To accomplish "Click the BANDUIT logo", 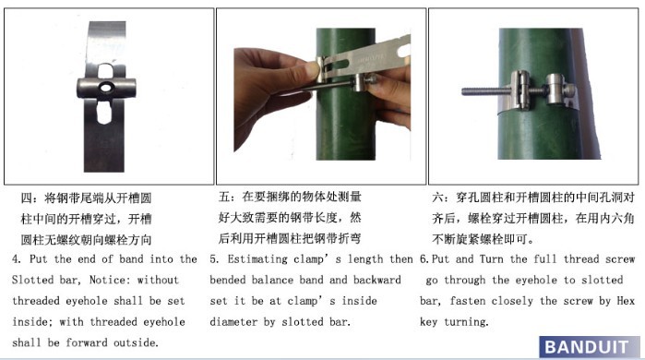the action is point(589,347).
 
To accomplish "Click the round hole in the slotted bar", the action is point(107,87).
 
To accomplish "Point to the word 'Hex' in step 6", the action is point(626,301).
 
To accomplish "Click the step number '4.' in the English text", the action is point(17,259).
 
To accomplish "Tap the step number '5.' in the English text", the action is point(214,259).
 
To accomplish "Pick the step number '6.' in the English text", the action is point(424,259).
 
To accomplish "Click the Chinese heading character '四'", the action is point(27,198).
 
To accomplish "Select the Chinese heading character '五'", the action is point(224,197).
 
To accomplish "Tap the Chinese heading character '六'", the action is point(438,197).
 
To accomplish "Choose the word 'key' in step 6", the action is point(428,322).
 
